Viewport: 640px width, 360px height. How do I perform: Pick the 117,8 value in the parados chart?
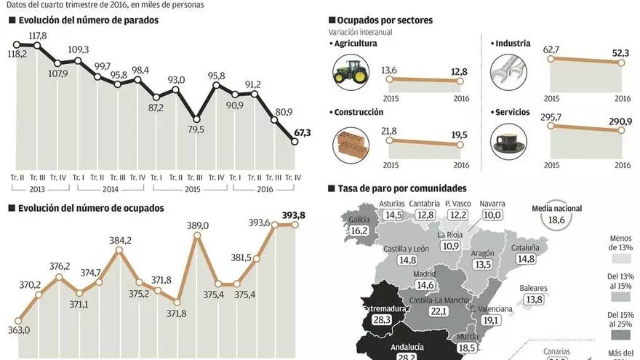[x=38, y=36]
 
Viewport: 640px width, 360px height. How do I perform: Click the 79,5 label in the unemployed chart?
[x=196, y=130]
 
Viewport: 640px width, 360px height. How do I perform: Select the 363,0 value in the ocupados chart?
[x=20, y=330]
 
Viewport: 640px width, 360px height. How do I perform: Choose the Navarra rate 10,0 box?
[x=492, y=215]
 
